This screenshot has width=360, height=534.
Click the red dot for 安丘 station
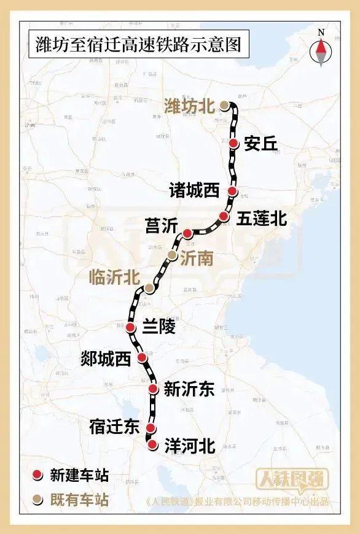pyautogui.click(x=234, y=143)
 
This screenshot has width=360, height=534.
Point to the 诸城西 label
pyautogui.click(x=195, y=191)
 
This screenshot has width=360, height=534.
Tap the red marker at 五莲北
pyautogui.click(x=224, y=216)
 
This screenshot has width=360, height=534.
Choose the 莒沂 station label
pyautogui.click(x=161, y=226)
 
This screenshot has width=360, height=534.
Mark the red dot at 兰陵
pyautogui.click(x=130, y=328)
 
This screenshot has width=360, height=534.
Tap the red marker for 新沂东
pyautogui.click(x=154, y=389)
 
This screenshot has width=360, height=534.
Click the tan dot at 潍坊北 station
pyautogui.click(x=225, y=106)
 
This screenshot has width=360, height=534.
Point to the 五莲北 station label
pyautogui.click(x=260, y=218)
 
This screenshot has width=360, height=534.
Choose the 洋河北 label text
pyautogui.click(x=190, y=446)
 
